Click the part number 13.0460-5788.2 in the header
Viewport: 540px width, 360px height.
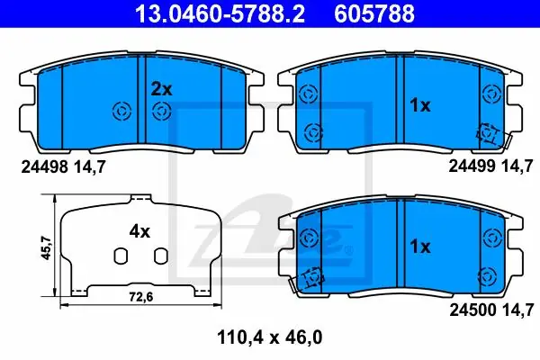(220, 13)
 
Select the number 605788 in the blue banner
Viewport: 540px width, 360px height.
(374, 13)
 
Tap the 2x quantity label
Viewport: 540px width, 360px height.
(161, 90)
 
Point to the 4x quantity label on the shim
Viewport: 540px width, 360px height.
(139, 231)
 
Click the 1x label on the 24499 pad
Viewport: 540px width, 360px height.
(419, 105)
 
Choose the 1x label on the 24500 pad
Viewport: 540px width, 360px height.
(419, 247)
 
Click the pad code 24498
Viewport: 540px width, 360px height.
(44, 167)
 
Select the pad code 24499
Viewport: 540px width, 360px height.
(472, 166)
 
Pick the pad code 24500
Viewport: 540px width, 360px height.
(472, 310)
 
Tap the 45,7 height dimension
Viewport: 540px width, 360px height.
(46, 247)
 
